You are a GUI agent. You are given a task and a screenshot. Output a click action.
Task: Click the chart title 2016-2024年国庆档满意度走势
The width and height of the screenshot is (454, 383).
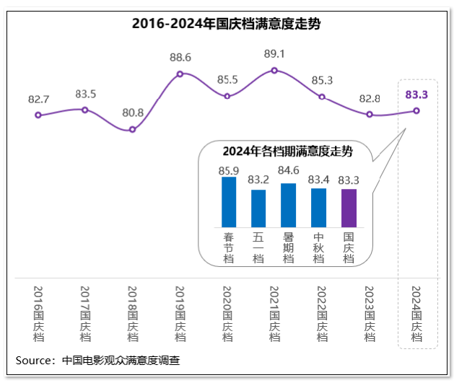point(226,23)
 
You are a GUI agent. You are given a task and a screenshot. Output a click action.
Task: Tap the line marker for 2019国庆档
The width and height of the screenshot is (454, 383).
point(180,74)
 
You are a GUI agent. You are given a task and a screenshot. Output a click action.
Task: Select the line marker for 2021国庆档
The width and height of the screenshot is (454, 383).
point(274,70)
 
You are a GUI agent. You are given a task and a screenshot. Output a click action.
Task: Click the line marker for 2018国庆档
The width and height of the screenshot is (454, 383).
point(132,129)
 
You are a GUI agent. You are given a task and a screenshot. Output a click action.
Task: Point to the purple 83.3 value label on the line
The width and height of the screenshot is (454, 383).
point(416,94)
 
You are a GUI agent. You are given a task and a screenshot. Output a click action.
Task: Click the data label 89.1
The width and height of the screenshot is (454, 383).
point(275,53)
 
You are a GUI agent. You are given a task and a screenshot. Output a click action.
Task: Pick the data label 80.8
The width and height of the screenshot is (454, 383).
point(132,113)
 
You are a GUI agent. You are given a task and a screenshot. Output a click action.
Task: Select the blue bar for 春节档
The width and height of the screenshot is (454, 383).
point(229,202)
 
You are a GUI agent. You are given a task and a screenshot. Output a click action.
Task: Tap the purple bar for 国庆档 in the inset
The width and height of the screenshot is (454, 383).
point(349,208)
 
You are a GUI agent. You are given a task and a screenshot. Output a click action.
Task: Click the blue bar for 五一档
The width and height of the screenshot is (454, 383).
point(258,208)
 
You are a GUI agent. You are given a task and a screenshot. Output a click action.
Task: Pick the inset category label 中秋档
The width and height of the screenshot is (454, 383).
point(318,247)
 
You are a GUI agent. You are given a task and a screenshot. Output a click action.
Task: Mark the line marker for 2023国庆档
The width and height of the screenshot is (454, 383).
point(369,114)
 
